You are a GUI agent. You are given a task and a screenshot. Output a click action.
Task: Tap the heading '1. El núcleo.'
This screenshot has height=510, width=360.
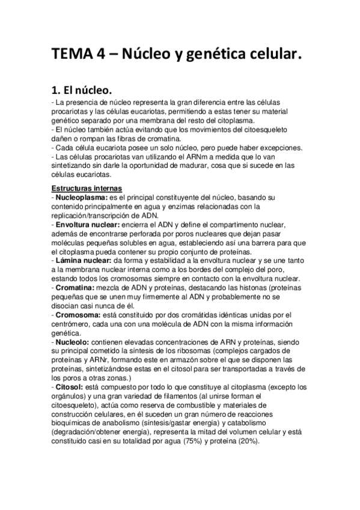pyautogui.click(x=81, y=91)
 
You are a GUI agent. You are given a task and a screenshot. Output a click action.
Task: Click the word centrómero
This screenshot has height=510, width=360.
pyautogui.click(x=72, y=323)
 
